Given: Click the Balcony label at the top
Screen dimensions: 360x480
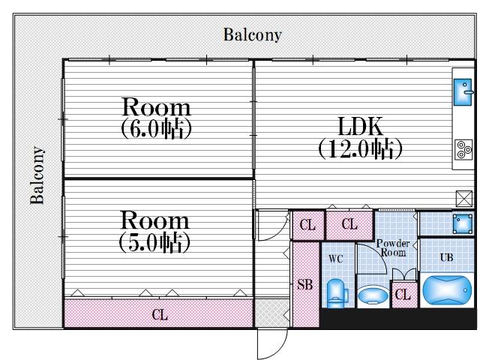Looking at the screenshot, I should tap(252, 34).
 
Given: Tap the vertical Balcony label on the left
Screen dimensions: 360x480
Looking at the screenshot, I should tap(37, 175).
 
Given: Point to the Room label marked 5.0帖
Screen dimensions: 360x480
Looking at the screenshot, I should tap(155, 231).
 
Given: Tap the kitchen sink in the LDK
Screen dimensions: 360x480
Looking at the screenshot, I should tap(461, 92).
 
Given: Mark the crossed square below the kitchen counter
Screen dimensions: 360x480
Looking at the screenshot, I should tap(463, 199).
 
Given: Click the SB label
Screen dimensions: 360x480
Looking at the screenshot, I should tap(304, 285).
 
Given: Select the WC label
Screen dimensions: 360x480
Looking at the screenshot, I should tap(335, 259).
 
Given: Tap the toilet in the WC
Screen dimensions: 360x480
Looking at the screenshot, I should tap(335, 292).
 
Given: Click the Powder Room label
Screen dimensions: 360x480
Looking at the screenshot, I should tap(392, 248).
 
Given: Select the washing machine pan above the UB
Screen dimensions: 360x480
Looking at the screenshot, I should tap(446, 223).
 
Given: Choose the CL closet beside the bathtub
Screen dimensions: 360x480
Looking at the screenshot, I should tap(403, 295).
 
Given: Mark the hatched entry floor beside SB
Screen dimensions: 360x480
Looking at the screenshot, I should tap(272, 313).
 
